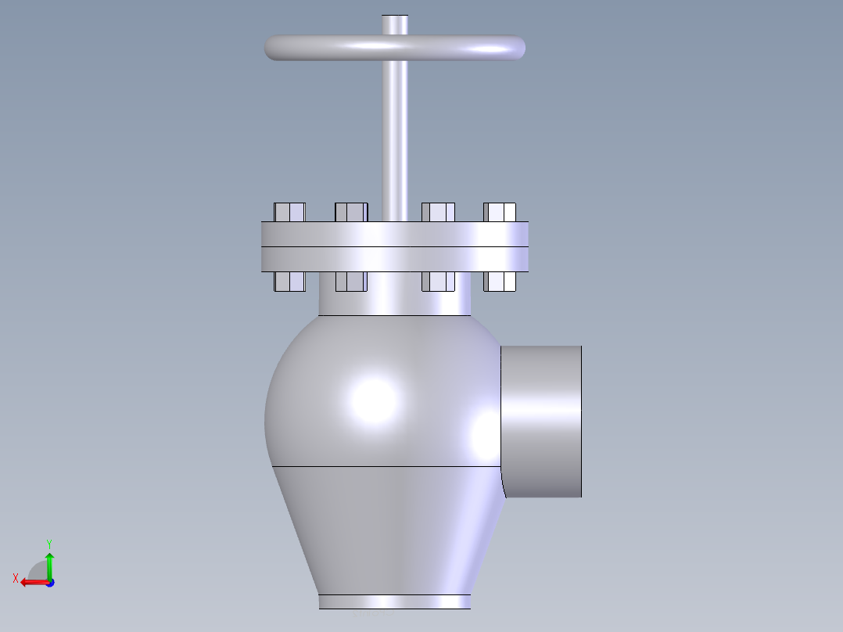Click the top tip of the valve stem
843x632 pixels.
[x=395, y=18]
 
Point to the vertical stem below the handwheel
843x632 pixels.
[x=395, y=141]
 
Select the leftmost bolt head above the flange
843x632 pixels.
[x=289, y=212]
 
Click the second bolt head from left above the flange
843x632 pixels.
[x=351, y=212]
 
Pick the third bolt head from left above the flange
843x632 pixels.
[x=438, y=212]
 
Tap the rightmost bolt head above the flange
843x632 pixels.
[x=500, y=212]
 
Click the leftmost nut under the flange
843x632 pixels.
[x=289, y=282]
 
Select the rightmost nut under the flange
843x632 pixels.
[x=500, y=282]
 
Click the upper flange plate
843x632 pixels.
[x=395, y=235]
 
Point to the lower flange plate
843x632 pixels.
[x=395, y=260]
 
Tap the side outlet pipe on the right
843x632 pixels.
[x=541, y=421]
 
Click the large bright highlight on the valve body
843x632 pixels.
[x=373, y=399]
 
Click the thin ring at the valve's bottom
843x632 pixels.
[x=395, y=601]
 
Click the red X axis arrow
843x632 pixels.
[x=30, y=582]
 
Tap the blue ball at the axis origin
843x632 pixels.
[x=49, y=583]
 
